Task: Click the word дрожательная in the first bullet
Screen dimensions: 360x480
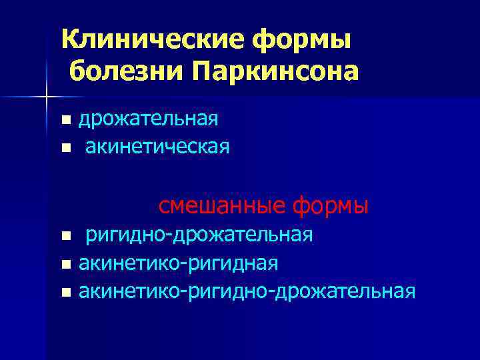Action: [149, 119]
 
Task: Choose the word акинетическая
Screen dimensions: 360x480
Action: [157, 147]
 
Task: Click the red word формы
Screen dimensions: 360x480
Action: [331, 205]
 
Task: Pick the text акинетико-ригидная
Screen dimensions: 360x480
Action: [179, 263]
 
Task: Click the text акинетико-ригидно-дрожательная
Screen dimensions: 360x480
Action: [247, 291]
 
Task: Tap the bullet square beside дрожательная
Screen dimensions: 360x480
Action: [65, 121]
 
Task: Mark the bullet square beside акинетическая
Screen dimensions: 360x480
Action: [65, 148]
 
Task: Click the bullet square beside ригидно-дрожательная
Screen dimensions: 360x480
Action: [65, 236]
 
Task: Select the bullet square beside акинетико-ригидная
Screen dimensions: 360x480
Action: [65, 265]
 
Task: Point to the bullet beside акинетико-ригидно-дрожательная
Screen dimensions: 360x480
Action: [65, 293]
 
